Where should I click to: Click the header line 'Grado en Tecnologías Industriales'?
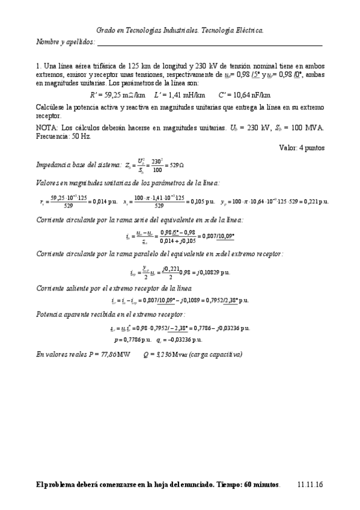click(180, 29)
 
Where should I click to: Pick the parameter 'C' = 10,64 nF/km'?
click(245, 95)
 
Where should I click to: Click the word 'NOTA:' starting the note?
click(46, 127)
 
